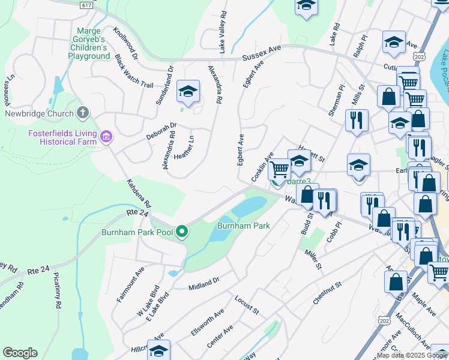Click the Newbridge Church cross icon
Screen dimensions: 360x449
tap(83, 112)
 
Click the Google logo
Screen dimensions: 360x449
tap(20, 353)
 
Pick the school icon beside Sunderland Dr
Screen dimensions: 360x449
tap(188, 92)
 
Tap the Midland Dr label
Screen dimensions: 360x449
tap(204, 283)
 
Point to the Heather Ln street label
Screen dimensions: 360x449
tap(184, 147)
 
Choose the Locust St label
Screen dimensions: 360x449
tap(246, 304)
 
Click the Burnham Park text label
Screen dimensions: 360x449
tap(243, 226)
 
